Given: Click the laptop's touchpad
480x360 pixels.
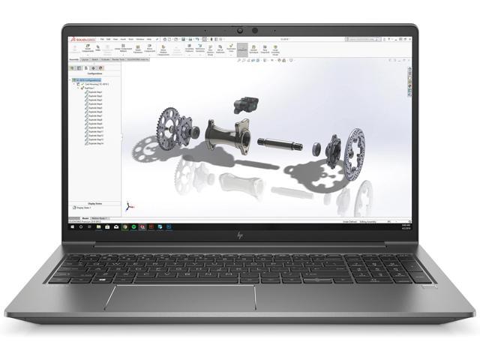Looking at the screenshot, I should point(180,298).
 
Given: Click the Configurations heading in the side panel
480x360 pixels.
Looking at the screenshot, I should point(94,73).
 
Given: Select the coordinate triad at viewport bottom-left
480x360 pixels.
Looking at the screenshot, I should point(131,208).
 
